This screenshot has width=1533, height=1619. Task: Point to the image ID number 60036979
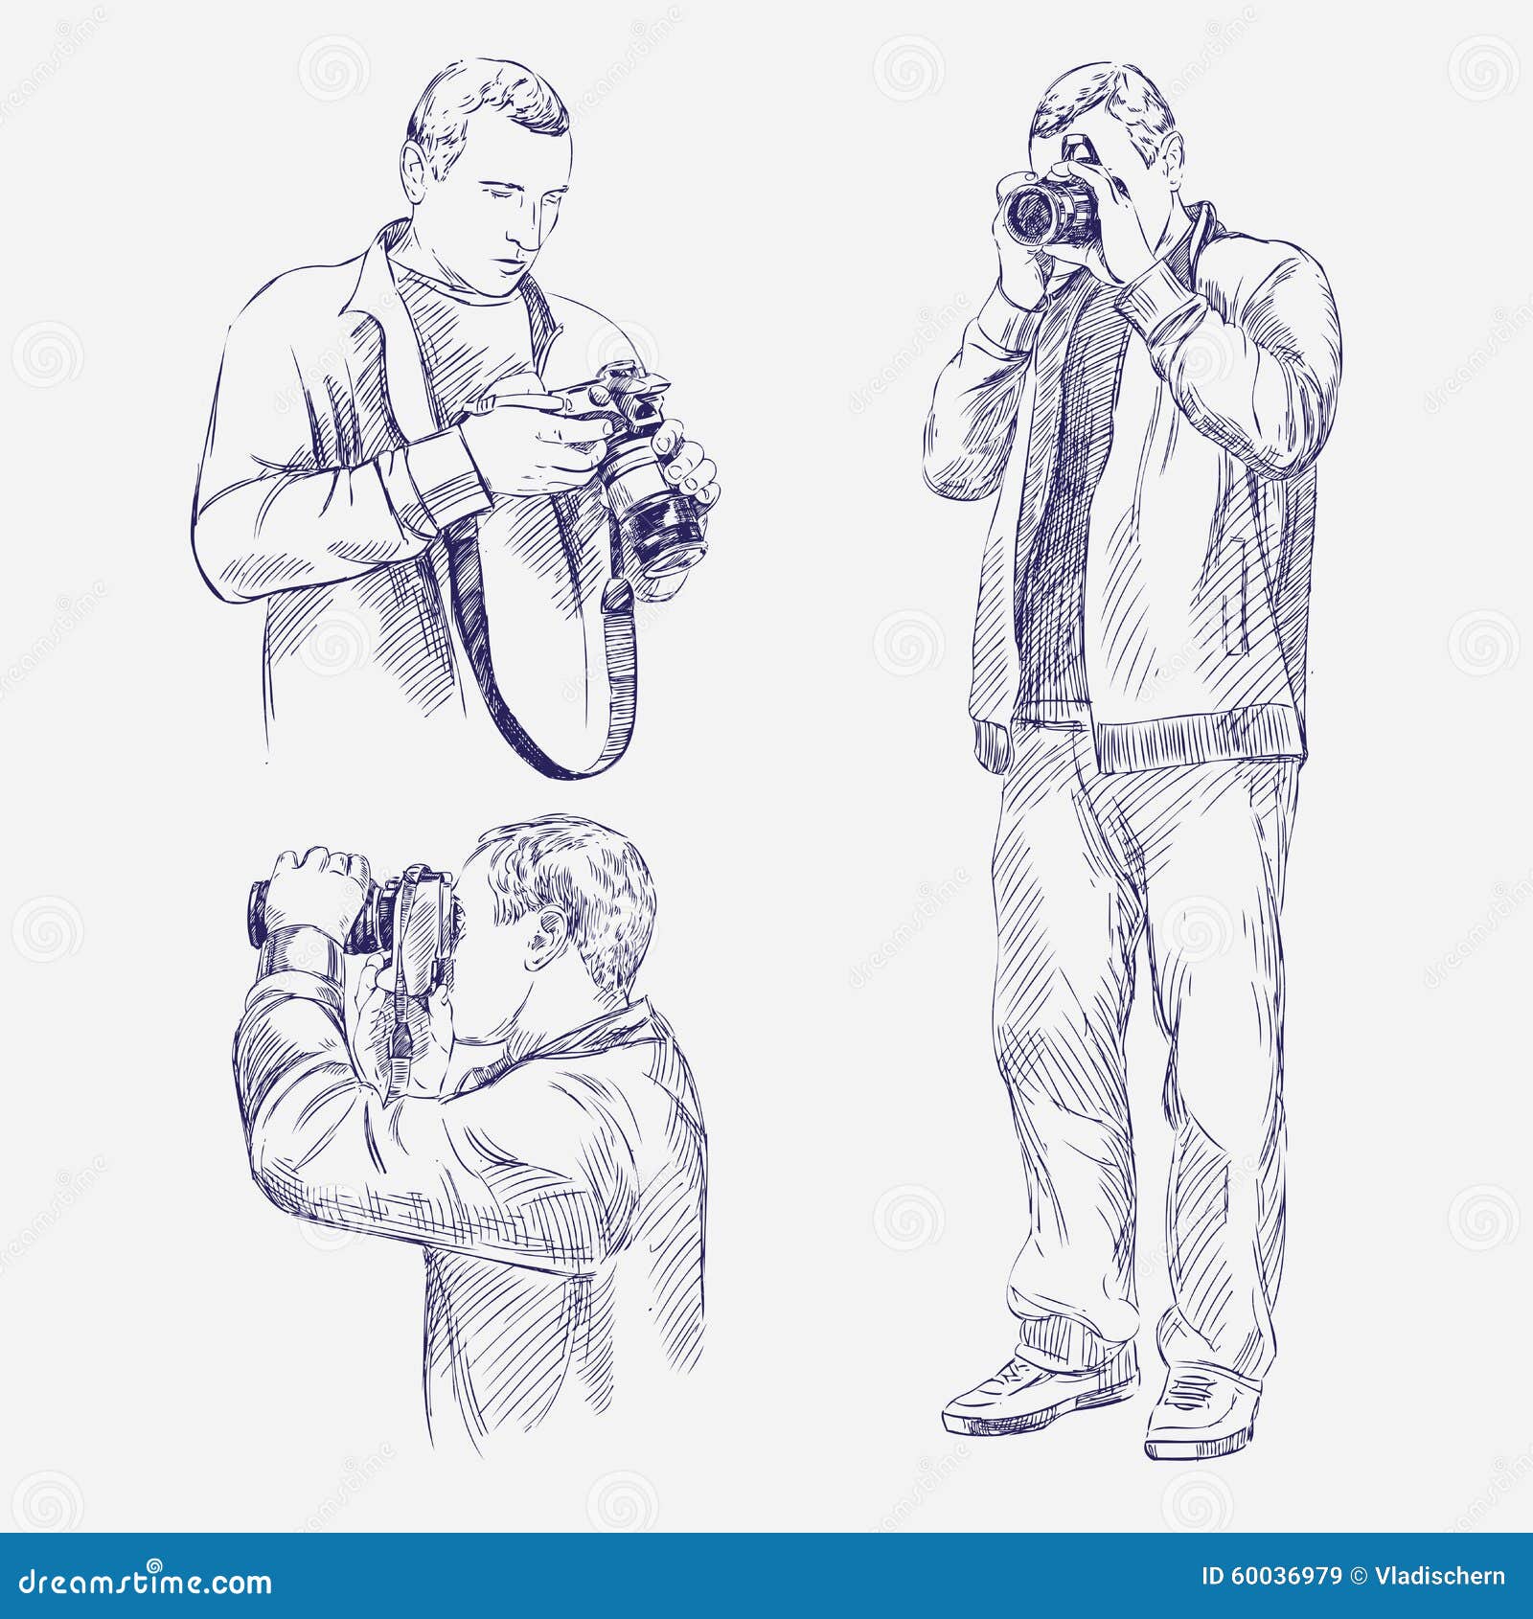[x=1288, y=1576]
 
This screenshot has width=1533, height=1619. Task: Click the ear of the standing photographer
[x=1173, y=158]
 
